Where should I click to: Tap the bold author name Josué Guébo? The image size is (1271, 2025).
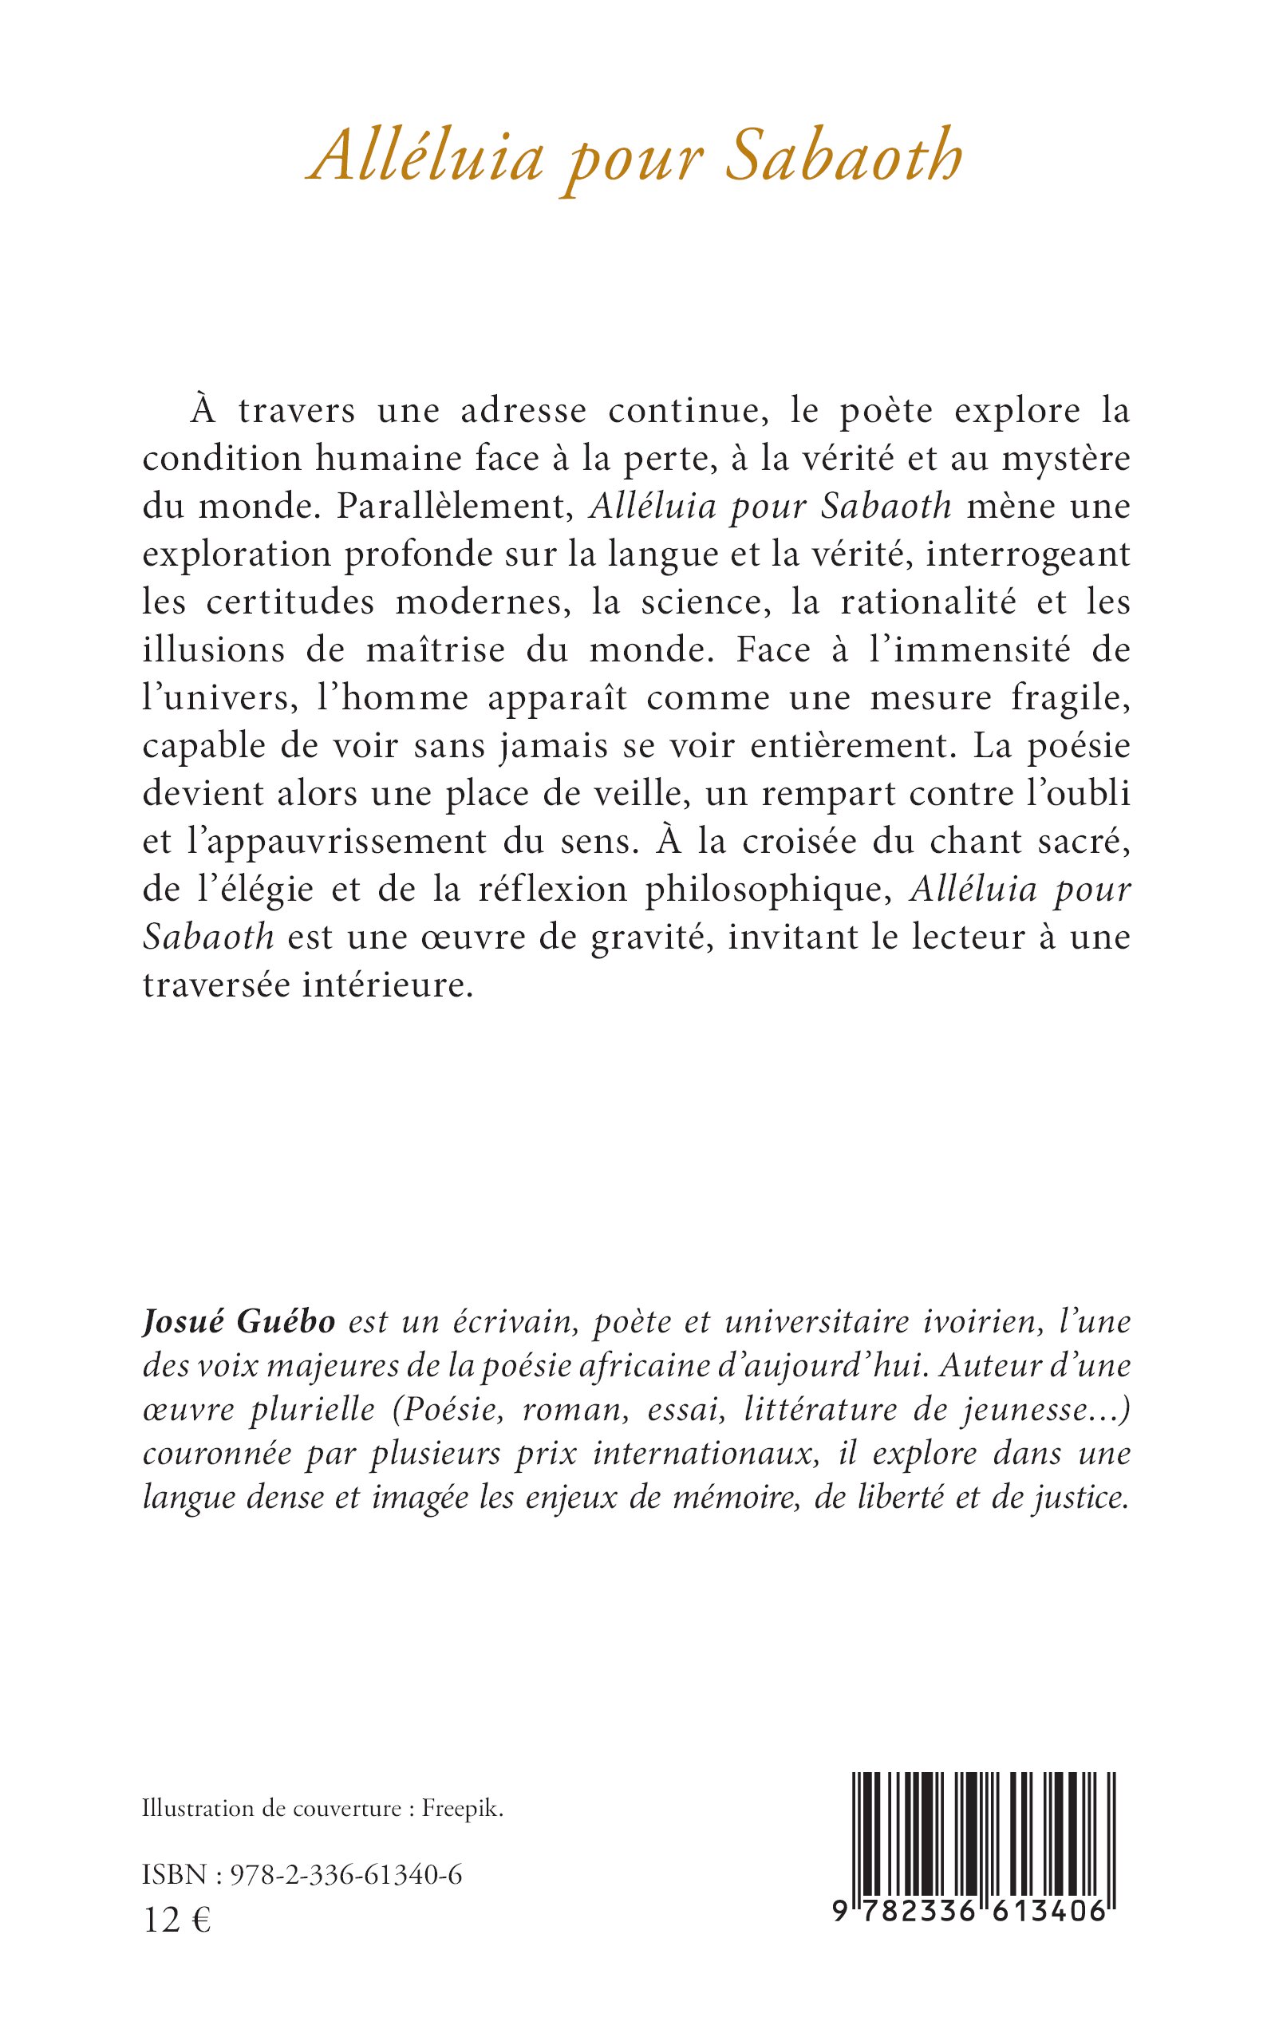[x=239, y=1322]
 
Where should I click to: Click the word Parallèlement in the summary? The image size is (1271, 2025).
[x=456, y=506]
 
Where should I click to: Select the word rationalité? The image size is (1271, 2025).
[x=929, y=602]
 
